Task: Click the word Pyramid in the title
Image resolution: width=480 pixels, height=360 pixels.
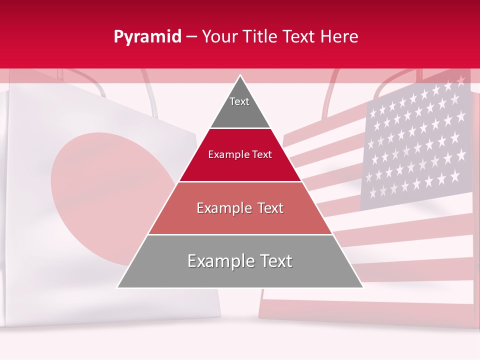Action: click(147, 37)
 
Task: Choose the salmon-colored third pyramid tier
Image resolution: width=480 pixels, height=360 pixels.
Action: click(240, 220)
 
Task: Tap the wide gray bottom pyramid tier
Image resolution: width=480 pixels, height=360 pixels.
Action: click(240, 275)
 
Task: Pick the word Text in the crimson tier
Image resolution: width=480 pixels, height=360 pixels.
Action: click(262, 154)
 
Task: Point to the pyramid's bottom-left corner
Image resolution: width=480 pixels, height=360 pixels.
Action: click(117, 287)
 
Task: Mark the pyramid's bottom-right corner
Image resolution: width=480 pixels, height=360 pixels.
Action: click(363, 287)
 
